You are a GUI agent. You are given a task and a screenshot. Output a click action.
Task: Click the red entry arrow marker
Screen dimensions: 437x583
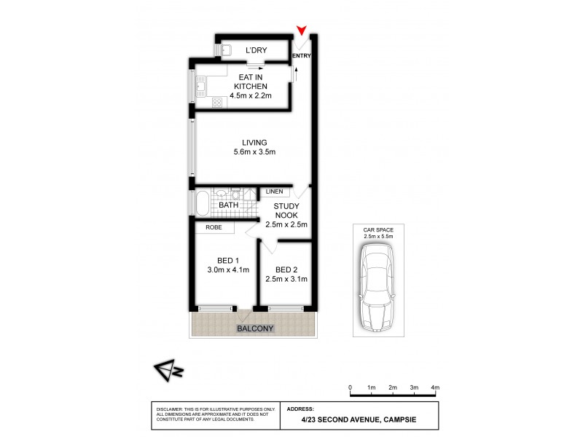click(x=301, y=31)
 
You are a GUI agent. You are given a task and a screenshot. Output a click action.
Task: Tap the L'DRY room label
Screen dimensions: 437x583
click(x=255, y=50)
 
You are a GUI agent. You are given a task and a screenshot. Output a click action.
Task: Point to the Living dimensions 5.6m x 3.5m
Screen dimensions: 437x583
click(x=249, y=152)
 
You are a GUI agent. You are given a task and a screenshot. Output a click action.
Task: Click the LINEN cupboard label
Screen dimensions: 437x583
click(x=274, y=192)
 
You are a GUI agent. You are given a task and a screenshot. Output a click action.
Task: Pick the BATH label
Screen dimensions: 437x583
click(x=229, y=205)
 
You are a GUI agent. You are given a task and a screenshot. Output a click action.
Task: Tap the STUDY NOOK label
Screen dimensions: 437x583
click(x=286, y=211)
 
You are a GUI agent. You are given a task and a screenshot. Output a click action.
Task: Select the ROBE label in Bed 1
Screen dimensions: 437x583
click(x=214, y=228)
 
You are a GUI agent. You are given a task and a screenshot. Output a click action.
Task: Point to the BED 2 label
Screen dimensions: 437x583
click(x=281, y=268)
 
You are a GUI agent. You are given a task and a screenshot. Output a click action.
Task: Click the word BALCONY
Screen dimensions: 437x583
click(x=254, y=328)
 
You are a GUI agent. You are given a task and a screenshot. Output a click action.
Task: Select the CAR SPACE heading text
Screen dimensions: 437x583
click(x=377, y=229)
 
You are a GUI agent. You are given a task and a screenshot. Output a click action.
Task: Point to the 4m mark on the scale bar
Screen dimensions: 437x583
click(x=435, y=387)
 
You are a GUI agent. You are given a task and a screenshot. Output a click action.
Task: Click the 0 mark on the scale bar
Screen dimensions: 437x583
click(x=351, y=387)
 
